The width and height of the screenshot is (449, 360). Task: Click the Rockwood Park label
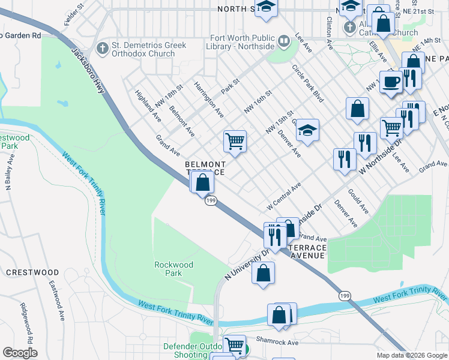(x=173, y=268)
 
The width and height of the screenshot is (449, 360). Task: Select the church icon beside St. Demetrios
(x=103, y=47)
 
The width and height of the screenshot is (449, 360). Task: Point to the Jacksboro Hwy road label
(x=90, y=70)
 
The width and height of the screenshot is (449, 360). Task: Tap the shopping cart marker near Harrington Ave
(x=235, y=142)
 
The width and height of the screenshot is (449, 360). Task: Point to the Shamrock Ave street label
(x=278, y=343)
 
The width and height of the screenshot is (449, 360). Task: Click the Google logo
(x=20, y=353)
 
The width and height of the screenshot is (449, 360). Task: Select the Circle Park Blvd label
(x=308, y=83)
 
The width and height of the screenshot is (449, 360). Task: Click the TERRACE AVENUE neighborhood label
(x=307, y=251)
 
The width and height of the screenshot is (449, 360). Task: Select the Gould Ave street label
(x=358, y=202)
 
